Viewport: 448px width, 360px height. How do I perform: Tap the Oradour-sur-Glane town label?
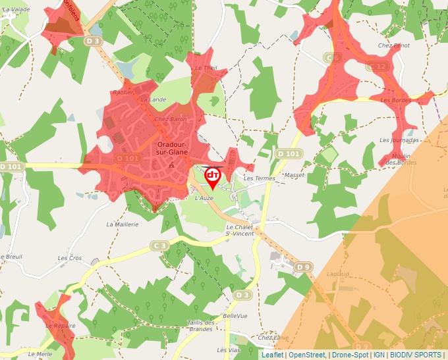pyautogui.click(x=173, y=148)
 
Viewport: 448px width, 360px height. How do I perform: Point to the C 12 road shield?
pyautogui.click(x=378, y=66)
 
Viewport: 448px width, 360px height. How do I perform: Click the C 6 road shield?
pyautogui.click(x=333, y=58)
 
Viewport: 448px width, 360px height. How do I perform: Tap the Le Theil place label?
pyautogui.click(x=206, y=68)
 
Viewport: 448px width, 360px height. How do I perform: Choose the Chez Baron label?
pyautogui.click(x=170, y=120)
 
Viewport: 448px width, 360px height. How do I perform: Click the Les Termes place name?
pyautogui.click(x=259, y=178)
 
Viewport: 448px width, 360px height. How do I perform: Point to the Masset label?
pyautogui.click(x=294, y=175)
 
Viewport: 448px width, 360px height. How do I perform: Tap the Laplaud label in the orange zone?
pyautogui.click(x=337, y=273)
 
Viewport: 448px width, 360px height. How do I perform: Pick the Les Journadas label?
pyautogui.click(x=399, y=140)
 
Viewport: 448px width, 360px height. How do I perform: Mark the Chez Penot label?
pyautogui.click(x=394, y=45)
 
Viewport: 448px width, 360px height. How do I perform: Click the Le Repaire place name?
pyautogui.click(x=60, y=326)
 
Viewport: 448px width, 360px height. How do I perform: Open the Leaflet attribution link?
pyautogui.click(x=272, y=355)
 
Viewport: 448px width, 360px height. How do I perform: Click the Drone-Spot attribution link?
pyautogui.click(x=350, y=355)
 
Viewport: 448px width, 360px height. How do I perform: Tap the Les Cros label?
pyautogui.click(x=70, y=258)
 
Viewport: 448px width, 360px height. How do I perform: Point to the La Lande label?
pyautogui.click(x=153, y=99)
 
